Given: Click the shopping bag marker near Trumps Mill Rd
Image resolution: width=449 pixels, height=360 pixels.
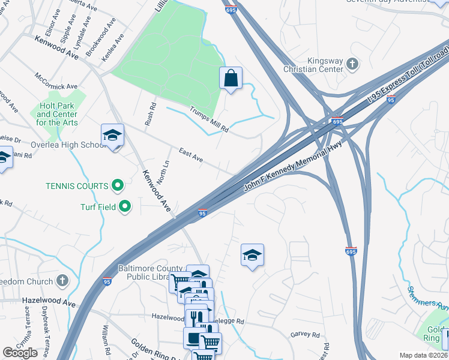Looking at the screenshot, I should coord(231,78).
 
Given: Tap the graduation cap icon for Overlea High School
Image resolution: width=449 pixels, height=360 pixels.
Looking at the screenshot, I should coord(112,136).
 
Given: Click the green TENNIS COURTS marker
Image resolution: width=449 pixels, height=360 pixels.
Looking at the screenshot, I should coord(118,186).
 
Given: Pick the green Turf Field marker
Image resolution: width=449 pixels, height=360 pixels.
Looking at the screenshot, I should coord(125,207).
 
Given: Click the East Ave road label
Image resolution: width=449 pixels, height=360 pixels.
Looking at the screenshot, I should coord(191,155).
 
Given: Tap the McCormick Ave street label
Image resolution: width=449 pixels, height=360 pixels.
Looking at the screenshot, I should coord(56,81).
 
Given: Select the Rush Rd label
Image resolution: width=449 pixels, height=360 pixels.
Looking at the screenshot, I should coord(149,114).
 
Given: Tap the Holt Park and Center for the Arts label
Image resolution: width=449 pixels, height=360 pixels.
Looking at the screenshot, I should coord(57,113).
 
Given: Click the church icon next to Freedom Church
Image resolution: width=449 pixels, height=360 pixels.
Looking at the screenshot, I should coord(62,280).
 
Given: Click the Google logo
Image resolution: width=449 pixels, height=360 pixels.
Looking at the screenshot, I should coord(20,353).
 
